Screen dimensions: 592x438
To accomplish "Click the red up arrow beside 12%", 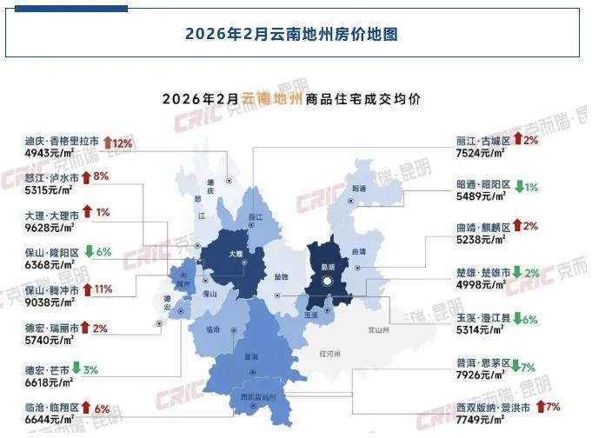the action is [108, 142].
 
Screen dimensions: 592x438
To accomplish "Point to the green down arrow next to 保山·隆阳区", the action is [88, 252].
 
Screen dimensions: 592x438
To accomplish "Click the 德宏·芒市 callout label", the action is [47, 368].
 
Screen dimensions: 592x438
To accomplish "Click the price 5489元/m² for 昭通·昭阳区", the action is [481, 198].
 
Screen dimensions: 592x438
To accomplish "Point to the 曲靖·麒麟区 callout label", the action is [481, 226].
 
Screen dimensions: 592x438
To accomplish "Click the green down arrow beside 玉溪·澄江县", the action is [516, 318].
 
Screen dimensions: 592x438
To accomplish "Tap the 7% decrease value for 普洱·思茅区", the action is [528, 365].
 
